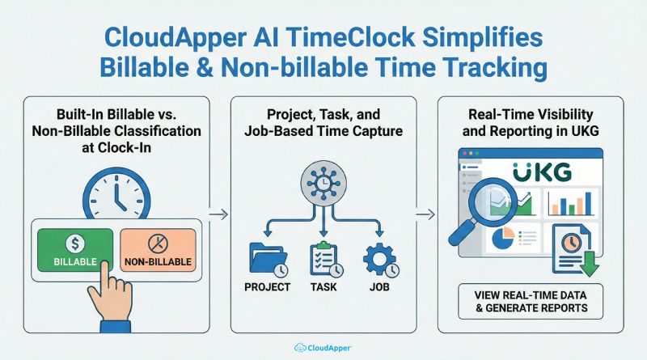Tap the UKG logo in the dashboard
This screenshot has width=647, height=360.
point(542,172)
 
